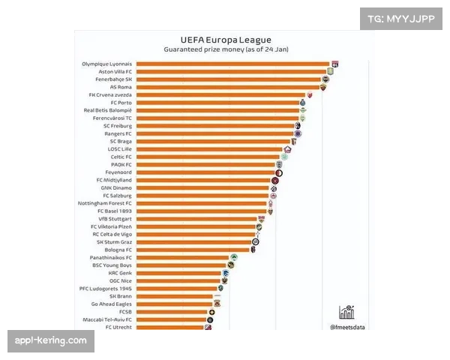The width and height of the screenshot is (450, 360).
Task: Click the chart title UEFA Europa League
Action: pos(226,40)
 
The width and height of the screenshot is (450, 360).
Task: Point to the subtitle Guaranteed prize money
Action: pos(226,49)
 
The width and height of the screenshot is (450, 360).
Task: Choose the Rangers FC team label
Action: pos(117,133)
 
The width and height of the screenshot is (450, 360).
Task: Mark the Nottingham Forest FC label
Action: pos(105,203)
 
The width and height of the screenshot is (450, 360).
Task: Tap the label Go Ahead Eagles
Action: pos(112,304)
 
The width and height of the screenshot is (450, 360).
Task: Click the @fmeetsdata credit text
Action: pos(347,326)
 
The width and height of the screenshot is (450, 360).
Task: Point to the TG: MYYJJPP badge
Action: pos(402,18)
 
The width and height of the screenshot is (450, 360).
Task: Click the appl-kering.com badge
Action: pos(51,341)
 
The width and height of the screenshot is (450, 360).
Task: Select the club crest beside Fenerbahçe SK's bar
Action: pos(325,79)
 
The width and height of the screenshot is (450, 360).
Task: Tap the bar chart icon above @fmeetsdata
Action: pos(346,312)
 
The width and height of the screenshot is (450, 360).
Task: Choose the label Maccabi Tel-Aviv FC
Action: pos(107,319)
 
